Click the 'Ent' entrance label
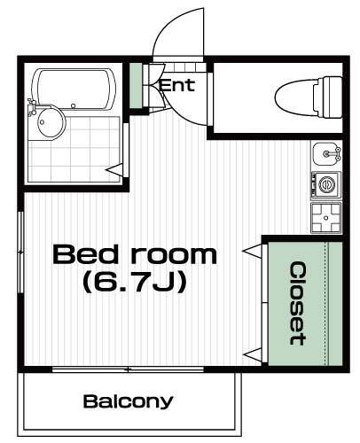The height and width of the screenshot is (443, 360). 176,85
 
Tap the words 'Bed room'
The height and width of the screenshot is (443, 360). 135,254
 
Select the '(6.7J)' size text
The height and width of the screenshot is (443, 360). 135,282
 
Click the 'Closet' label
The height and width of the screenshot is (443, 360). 297,304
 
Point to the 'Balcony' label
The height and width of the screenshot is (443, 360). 128,401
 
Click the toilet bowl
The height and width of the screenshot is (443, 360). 296,97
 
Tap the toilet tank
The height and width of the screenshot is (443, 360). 332,97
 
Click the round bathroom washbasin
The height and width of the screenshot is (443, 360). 51,122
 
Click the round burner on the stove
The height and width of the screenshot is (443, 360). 327,185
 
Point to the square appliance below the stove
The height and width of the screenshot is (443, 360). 326,218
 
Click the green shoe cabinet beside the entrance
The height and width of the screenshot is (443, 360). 136,86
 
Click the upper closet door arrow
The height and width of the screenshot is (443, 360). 252,252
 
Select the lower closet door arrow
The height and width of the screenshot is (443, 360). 252,354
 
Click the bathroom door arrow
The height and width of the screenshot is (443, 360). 114,170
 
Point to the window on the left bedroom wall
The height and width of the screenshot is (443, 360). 20,252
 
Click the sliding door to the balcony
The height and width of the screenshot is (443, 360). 128,369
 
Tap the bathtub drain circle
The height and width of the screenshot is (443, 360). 73,105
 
